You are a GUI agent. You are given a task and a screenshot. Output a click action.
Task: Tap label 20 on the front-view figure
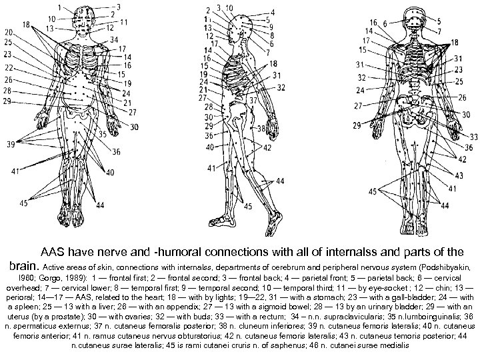tap(8, 31)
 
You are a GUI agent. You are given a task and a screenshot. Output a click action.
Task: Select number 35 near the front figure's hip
tap(102, 134)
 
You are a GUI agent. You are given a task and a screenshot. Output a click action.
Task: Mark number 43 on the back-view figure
tap(461, 175)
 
